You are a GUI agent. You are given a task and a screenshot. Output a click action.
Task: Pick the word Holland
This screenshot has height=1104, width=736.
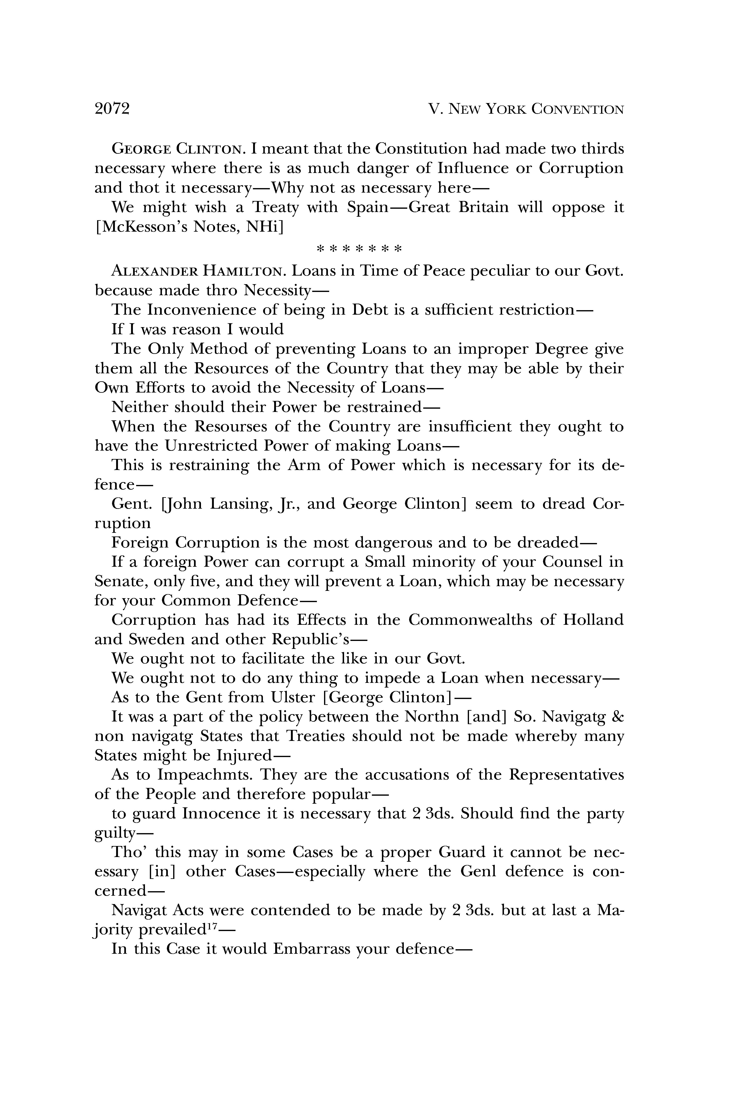pos(593,620)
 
